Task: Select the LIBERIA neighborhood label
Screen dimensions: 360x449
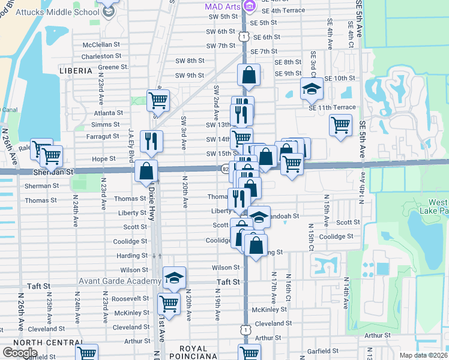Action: point(76,71)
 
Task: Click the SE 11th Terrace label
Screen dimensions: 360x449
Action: point(331,107)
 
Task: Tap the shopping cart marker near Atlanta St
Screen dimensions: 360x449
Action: point(158,100)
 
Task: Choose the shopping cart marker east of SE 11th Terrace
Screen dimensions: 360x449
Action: point(340,125)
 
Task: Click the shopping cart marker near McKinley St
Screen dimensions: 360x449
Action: point(169,304)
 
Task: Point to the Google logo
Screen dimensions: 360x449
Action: point(20,353)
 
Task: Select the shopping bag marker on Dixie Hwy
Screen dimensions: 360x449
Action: point(146,171)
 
